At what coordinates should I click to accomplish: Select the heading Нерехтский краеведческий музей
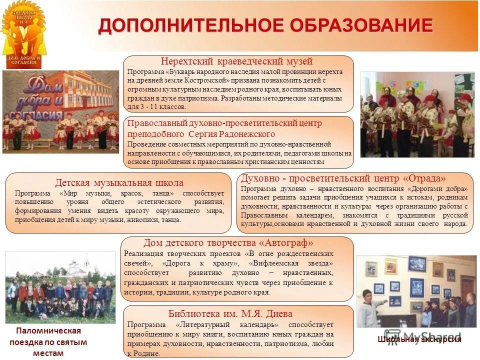coord(236,61)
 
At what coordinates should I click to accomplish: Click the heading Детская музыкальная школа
coord(119,183)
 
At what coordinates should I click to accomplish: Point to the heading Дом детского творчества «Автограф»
coord(228,243)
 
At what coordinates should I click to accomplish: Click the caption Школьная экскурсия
coord(419,340)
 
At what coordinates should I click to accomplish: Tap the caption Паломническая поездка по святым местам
coord(48,342)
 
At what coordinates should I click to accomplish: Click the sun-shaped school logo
coord(22,34)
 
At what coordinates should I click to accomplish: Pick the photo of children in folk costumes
coord(417,114)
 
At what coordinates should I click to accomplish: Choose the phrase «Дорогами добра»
coord(438,189)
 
